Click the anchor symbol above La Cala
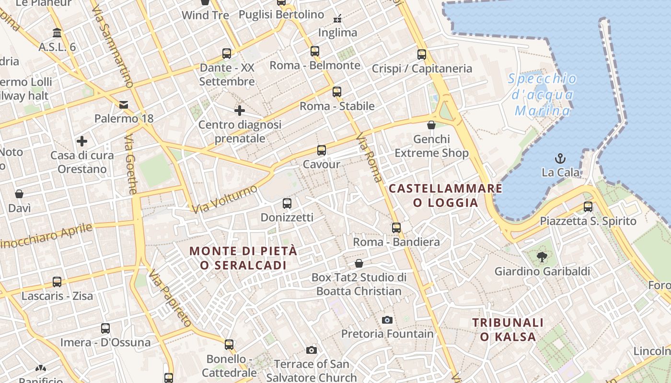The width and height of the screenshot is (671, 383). (560, 158)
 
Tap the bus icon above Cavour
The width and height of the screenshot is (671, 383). (322, 150)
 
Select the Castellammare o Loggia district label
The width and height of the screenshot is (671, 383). (445, 195)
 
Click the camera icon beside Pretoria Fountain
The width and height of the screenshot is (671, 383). (387, 320)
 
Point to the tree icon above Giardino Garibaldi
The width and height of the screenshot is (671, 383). (542, 257)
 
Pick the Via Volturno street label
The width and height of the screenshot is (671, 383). (225, 199)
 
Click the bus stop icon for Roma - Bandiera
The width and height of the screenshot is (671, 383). (396, 228)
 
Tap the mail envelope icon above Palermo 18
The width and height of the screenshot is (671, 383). (124, 104)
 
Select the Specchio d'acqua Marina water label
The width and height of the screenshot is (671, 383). (542, 95)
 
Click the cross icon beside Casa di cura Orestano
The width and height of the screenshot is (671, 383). (82, 141)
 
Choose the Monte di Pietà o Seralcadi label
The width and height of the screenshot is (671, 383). (243, 258)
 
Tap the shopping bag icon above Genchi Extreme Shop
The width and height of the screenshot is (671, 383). (431, 125)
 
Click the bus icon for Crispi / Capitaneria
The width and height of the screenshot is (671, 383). (422, 55)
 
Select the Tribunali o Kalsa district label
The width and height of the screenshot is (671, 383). (508, 329)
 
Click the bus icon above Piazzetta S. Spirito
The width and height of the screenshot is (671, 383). (588, 207)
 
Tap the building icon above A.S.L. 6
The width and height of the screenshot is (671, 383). (57, 33)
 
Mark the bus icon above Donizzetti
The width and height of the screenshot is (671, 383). (287, 203)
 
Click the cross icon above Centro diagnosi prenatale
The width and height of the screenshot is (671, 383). (240, 111)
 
